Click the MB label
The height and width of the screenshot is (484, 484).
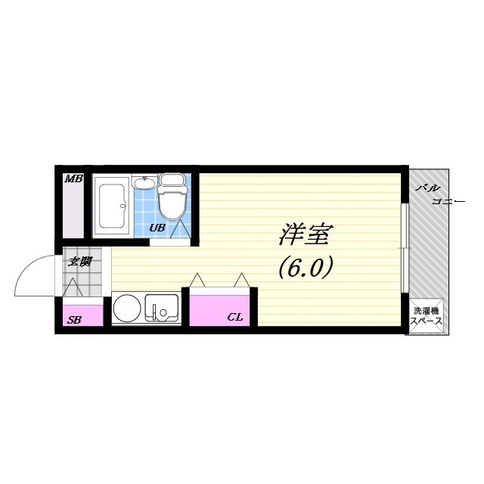click(x=73, y=179)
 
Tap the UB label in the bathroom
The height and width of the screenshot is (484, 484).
click(x=157, y=226)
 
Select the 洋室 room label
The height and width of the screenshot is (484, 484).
click(x=303, y=236)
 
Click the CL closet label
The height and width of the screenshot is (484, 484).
click(x=235, y=317)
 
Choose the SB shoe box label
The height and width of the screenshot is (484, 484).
click(x=74, y=320)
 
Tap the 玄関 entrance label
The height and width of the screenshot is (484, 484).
click(x=80, y=262)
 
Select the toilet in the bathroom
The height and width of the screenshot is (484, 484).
click(x=172, y=200)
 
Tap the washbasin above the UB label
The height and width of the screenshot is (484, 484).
click(x=144, y=183)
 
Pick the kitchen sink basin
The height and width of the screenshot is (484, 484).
click(x=161, y=309)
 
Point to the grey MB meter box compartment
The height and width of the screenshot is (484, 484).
click(x=74, y=208)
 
